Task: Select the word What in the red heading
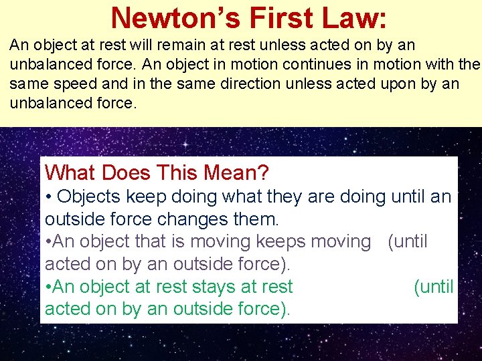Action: pos(71,173)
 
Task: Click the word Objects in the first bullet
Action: pos(89,197)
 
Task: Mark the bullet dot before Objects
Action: pos(48,197)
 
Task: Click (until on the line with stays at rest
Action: pos(433,287)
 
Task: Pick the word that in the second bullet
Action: pos(139,241)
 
